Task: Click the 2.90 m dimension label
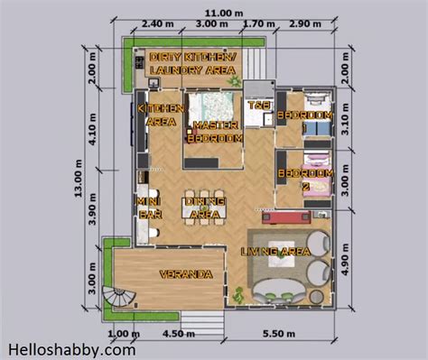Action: coord(306,24)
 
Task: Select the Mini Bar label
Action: coord(146,208)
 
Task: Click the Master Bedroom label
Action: coord(214,133)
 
